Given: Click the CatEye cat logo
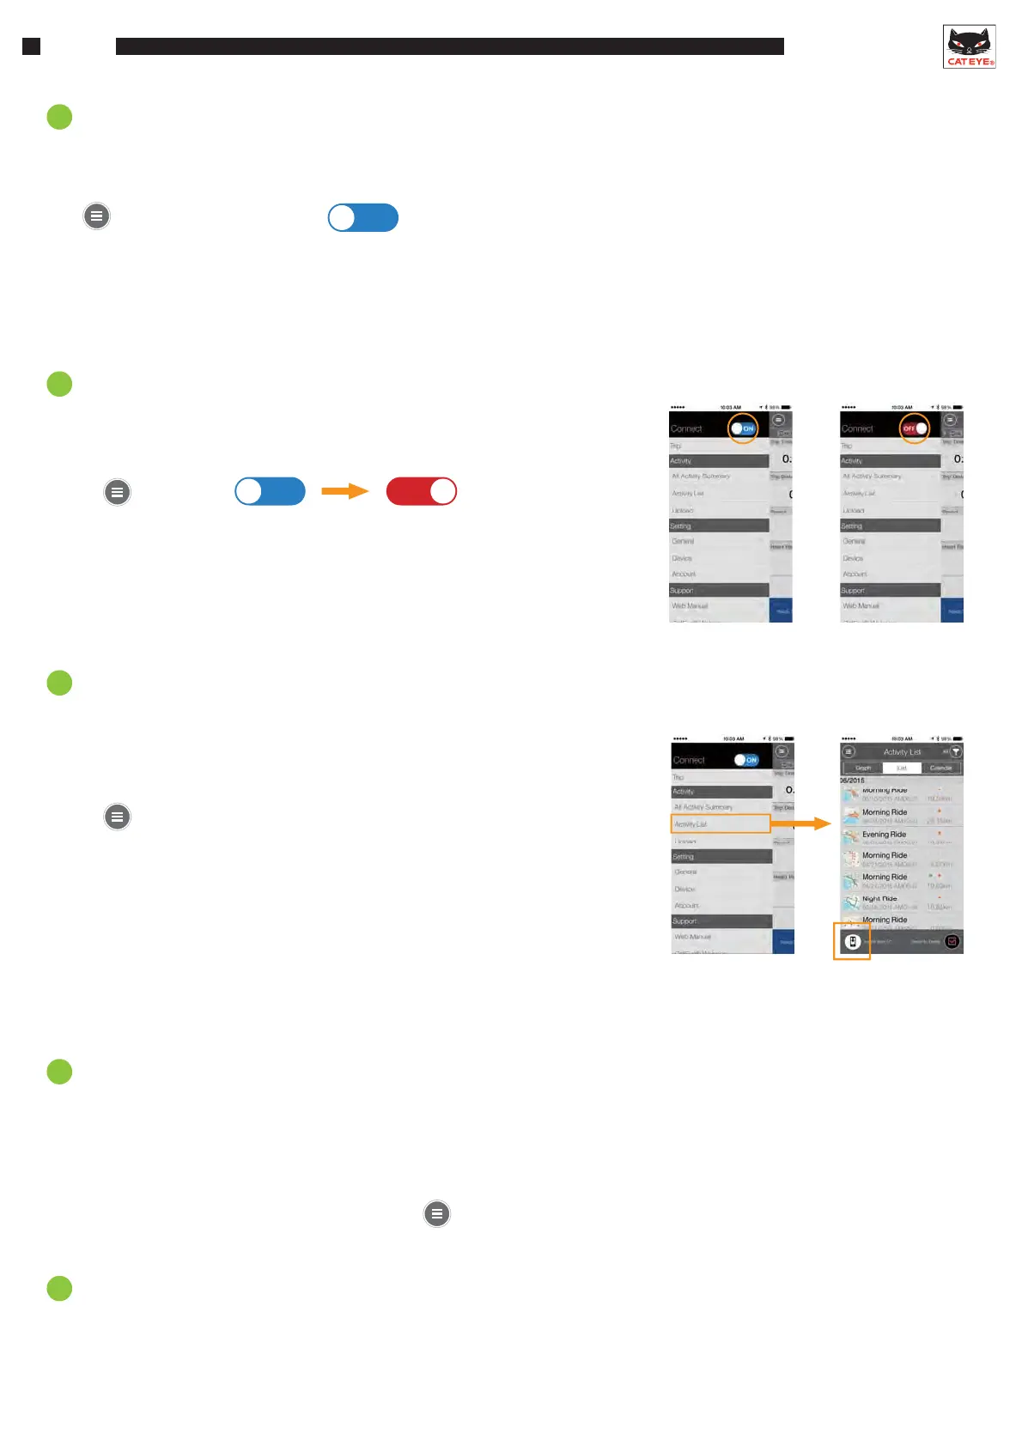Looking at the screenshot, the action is [x=969, y=46].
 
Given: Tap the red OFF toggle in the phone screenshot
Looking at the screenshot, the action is [x=914, y=428].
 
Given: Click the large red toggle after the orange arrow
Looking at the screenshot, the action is [x=421, y=491].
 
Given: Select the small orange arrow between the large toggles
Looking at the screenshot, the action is [x=344, y=491].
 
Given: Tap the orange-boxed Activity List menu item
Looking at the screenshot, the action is [x=720, y=823].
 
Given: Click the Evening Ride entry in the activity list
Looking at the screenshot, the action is [x=884, y=835].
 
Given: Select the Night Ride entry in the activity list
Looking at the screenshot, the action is [x=879, y=899].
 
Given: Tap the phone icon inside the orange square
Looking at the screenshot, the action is [x=852, y=942].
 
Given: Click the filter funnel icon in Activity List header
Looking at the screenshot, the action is [x=955, y=751].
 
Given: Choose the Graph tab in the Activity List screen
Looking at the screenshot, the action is [x=863, y=768].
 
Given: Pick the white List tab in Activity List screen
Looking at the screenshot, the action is [x=902, y=768].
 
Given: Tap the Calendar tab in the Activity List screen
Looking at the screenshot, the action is [x=940, y=768].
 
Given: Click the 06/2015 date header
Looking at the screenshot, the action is [x=853, y=781].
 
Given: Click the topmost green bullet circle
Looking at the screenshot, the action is [x=59, y=117].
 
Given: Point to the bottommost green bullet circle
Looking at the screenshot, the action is [x=59, y=1288].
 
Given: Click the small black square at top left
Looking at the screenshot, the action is [x=31, y=46].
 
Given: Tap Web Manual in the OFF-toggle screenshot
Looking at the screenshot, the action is [x=861, y=606].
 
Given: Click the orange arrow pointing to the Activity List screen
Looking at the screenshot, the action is [x=801, y=823].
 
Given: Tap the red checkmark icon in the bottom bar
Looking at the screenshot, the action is [x=952, y=942].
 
